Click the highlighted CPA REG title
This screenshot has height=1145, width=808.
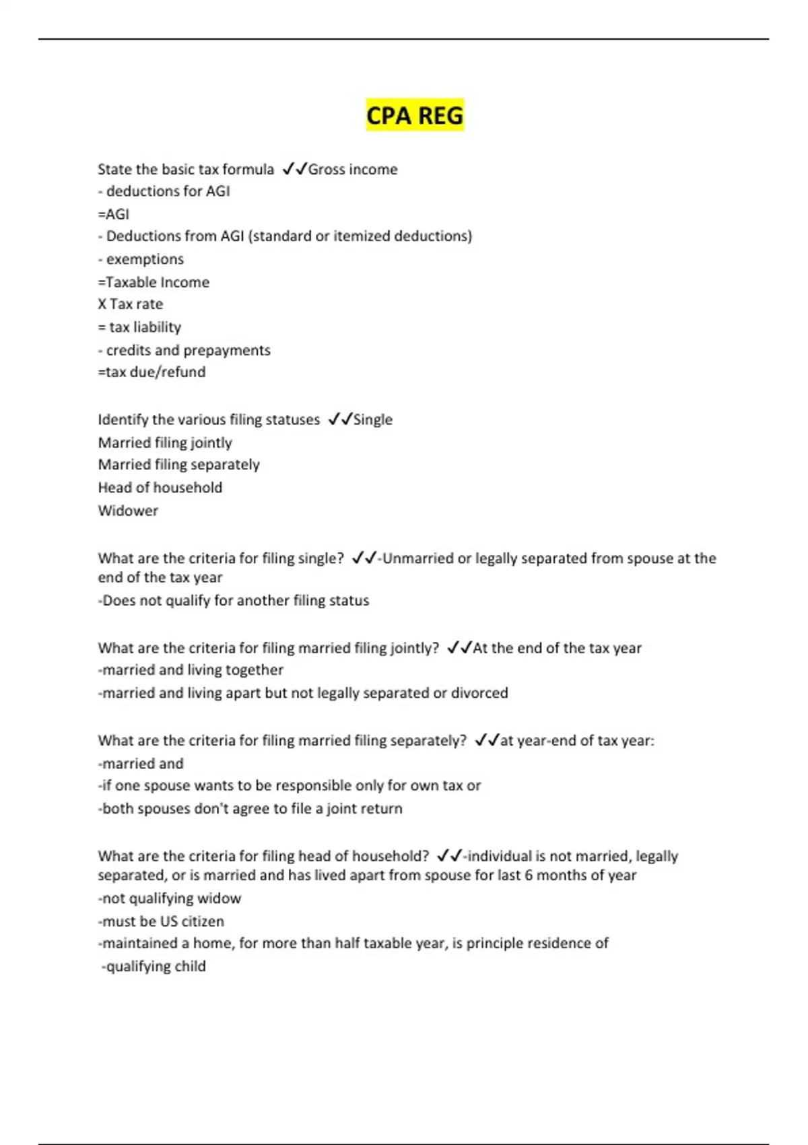click(x=415, y=115)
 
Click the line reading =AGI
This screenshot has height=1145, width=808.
click(x=114, y=214)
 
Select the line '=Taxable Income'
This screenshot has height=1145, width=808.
click(x=154, y=282)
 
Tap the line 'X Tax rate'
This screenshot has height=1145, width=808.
click(x=131, y=304)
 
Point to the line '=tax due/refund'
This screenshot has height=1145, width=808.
click(x=151, y=372)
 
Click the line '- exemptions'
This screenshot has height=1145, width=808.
click(x=141, y=259)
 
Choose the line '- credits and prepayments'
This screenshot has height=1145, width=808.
click(x=184, y=350)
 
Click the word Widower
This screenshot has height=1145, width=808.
click(x=128, y=511)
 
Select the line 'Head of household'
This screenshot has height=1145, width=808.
click(x=160, y=488)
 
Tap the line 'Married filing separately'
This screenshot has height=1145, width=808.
click(x=178, y=465)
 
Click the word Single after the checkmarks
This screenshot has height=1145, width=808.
click(x=373, y=420)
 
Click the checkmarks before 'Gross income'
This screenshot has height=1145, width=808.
click(x=294, y=169)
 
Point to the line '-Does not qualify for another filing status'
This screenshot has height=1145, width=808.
click(x=234, y=601)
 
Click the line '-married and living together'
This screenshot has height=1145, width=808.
click(x=191, y=670)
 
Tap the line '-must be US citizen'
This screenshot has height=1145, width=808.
click(x=161, y=921)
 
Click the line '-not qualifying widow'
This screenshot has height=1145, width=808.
click(x=169, y=898)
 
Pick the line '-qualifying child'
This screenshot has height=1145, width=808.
click(x=154, y=967)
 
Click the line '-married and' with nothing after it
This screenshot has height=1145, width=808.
click(x=141, y=764)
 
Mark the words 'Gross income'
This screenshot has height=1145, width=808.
click(x=353, y=170)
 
